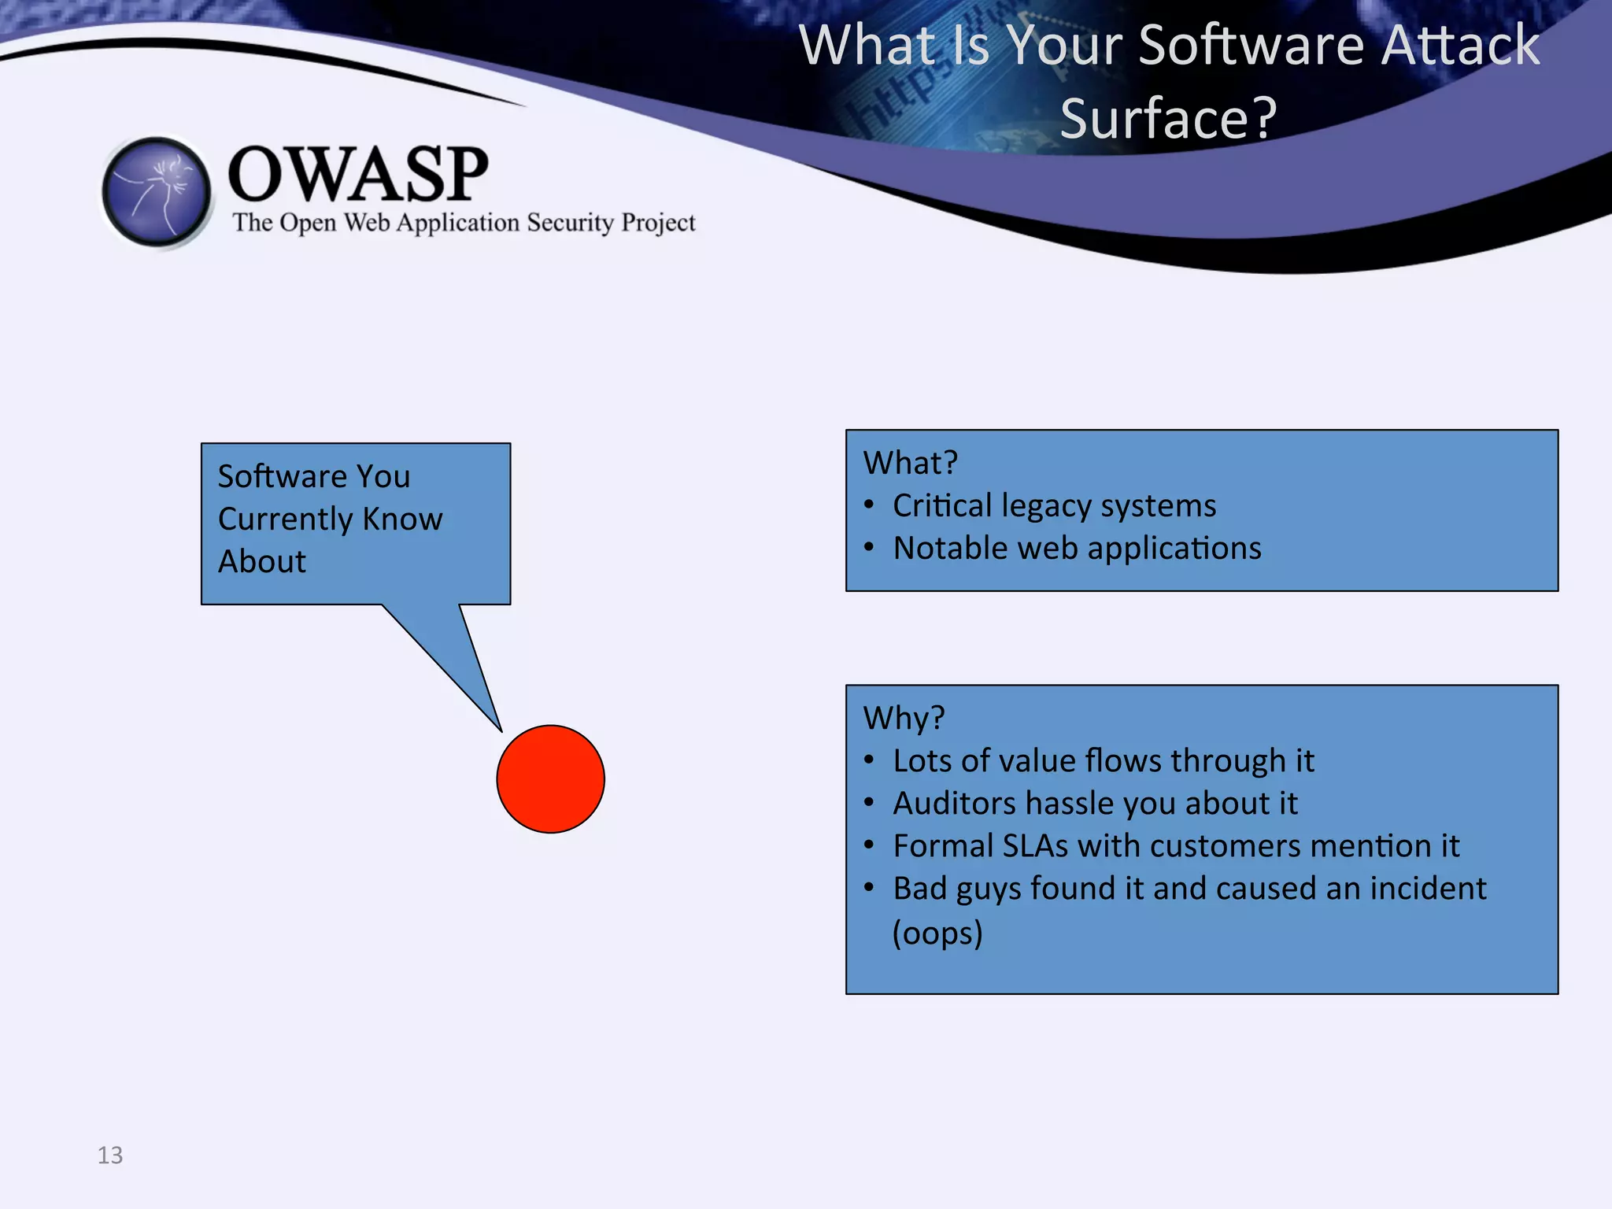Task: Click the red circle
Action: pyautogui.click(x=550, y=778)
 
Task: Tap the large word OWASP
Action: pyautogui.click(x=358, y=174)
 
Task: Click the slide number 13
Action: pyautogui.click(x=110, y=1155)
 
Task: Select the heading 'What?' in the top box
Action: pyautogui.click(x=910, y=463)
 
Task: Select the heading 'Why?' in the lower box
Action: pyautogui.click(x=903, y=718)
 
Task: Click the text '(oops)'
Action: pyautogui.click(x=937, y=933)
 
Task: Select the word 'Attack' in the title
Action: pyautogui.click(x=1460, y=45)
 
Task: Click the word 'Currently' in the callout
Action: pyautogui.click(x=285, y=519)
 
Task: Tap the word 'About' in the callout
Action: pyautogui.click(x=261, y=562)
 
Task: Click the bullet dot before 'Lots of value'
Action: pyautogui.click(x=869, y=760)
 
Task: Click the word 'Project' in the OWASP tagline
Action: pyautogui.click(x=658, y=223)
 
